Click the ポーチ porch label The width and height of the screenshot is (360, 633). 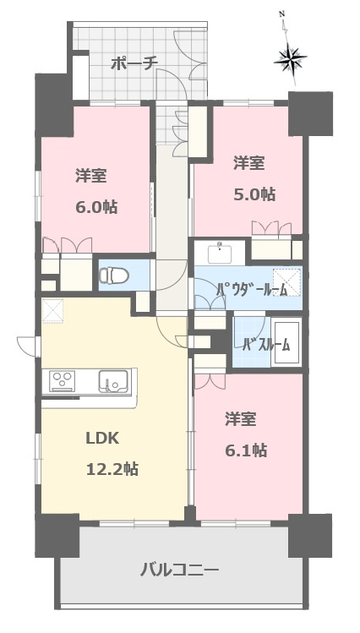pos(134,63)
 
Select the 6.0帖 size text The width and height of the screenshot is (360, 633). pos(96,206)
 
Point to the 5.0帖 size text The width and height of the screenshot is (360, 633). pos(254,194)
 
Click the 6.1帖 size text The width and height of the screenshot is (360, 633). pos(246,450)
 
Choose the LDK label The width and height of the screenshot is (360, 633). pos(102,439)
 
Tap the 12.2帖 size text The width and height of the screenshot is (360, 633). pos(112,469)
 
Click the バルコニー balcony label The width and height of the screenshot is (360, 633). pos(179,570)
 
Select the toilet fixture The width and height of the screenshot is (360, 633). pos(113,275)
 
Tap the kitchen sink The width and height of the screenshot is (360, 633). pos(113,380)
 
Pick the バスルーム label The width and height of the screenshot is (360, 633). pos(266,344)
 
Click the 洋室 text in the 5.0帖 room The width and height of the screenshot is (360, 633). pos(249,162)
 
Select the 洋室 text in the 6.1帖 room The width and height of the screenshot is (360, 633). pos(241,419)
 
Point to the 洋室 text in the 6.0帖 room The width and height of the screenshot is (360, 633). pos(90,176)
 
